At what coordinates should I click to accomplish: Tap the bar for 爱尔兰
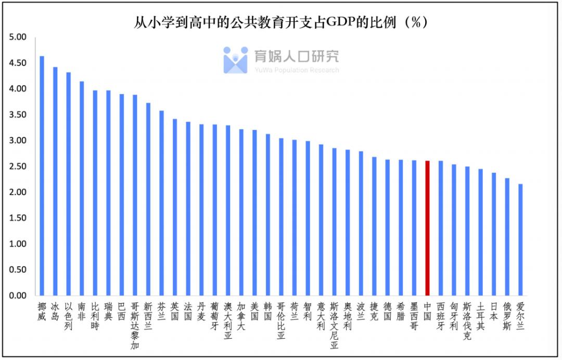520,239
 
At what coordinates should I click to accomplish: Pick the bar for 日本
494,234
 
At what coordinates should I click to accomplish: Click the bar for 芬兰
161,203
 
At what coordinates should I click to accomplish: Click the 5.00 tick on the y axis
18,37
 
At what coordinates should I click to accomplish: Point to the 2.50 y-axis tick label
18,166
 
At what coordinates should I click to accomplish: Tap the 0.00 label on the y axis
18,295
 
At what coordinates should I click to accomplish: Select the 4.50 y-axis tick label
18,63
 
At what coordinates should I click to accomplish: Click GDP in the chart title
340,22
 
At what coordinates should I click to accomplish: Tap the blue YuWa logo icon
235,60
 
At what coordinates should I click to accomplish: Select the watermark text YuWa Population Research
296,70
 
